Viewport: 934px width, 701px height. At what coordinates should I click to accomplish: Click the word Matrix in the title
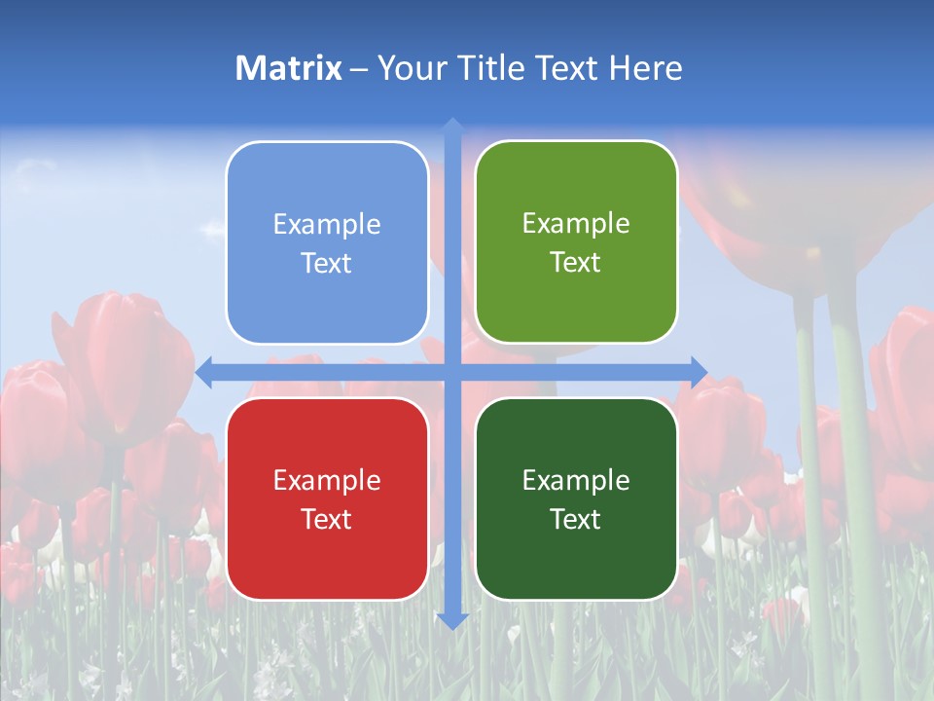tap(289, 68)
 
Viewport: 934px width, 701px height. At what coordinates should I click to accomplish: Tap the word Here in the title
tap(645, 68)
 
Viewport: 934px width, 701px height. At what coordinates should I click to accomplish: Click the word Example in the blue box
tap(327, 225)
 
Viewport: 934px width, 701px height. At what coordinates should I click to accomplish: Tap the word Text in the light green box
tap(576, 263)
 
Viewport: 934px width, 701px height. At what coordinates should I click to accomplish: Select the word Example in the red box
tap(327, 481)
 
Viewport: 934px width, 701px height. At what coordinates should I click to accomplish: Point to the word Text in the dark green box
tap(576, 520)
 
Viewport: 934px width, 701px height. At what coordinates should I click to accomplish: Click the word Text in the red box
tap(327, 520)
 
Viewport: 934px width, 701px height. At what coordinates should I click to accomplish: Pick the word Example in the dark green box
tap(576, 481)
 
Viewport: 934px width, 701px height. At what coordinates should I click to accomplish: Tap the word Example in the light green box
tap(576, 224)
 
